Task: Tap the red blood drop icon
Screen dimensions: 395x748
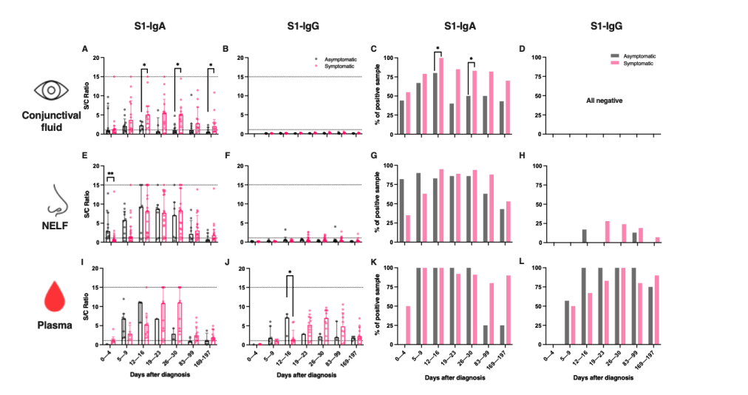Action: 50,297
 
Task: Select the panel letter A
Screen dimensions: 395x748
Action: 85,50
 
